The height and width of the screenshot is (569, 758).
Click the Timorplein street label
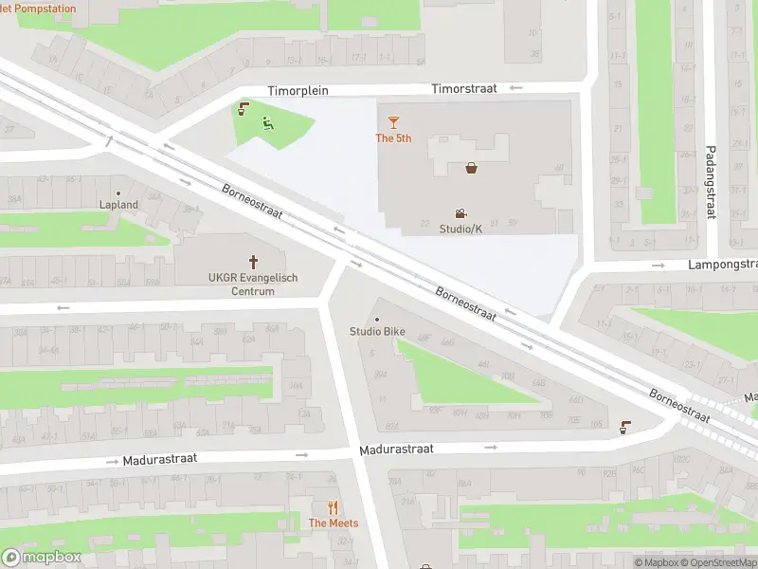[x=298, y=89]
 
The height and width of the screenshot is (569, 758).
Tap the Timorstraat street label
[x=464, y=88]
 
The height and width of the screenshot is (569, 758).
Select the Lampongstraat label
[x=722, y=265]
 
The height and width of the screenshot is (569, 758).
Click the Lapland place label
[x=119, y=204]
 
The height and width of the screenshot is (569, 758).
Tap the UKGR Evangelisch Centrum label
[x=253, y=284]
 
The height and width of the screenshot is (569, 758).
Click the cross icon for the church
[x=253, y=261]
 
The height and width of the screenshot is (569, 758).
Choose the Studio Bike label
[x=378, y=331]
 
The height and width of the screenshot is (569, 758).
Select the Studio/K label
[x=460, y=229]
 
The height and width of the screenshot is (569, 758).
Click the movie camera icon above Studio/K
[x=460, y=213]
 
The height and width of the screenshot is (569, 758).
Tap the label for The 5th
[x=393, y=138]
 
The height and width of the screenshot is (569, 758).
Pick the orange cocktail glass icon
[x=393, y=122]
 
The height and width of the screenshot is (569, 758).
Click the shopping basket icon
[x=471, y=169]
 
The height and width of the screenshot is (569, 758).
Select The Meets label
[x=333, y=523]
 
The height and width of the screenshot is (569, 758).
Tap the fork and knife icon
[x=333, y=507]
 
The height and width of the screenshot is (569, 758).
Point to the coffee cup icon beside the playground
[x=244, y=108]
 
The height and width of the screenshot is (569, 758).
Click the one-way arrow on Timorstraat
[x=515, y=88]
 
